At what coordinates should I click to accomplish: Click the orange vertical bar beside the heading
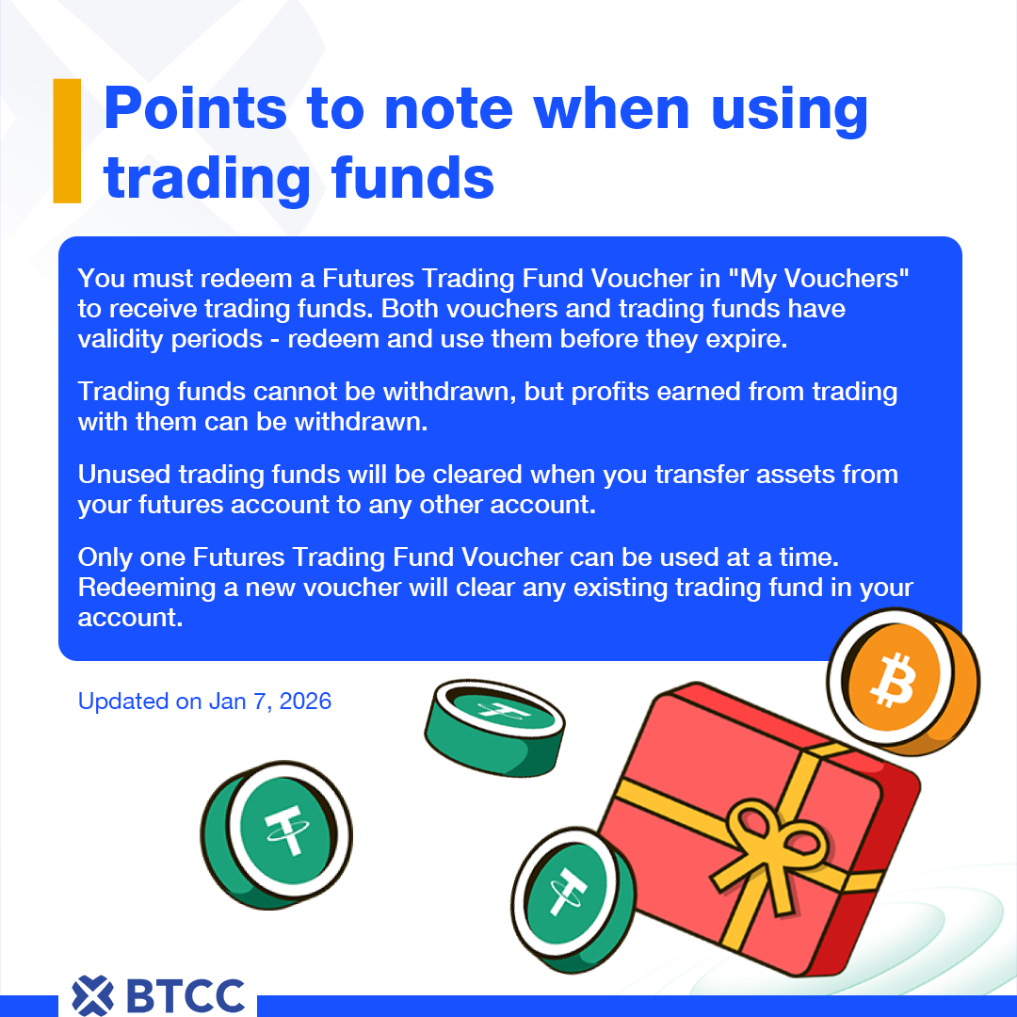[x=67, y=140]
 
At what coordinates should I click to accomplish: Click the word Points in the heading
[x=195, y=109]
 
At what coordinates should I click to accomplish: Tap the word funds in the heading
[x=412, y=178]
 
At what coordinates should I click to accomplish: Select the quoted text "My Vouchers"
[x=818, y=279]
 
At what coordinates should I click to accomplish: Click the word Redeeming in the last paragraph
[x=147, y=589]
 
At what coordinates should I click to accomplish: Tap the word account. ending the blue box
[x=130, y=618]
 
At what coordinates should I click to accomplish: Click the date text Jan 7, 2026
[x=270, y=702]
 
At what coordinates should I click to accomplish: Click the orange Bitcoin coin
[x=903, y=682]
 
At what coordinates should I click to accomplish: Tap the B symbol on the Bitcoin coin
[x=893, y=680]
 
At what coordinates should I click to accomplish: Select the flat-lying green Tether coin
[x=494, y=728]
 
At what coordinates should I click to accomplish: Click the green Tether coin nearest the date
[x=276, y=834]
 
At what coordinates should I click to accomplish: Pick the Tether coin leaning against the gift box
[x=573, y=899]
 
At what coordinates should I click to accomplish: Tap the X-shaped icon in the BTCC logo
[x=92, y=995]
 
